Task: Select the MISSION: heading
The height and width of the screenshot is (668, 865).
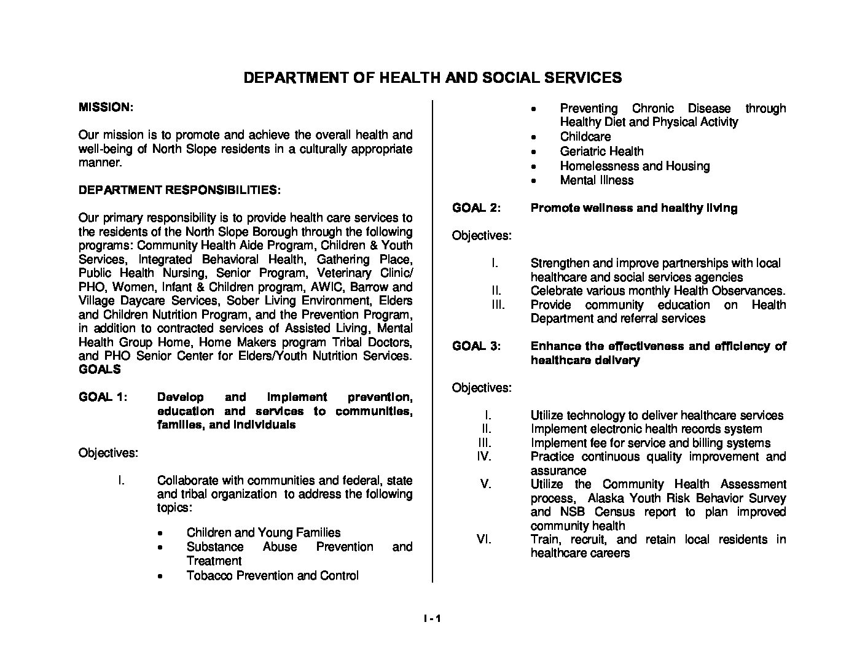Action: (105, 107)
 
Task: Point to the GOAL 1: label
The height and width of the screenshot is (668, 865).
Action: (103, 397)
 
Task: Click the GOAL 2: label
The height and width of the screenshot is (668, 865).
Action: (477, 208)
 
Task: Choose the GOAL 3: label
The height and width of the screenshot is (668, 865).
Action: (477, 346)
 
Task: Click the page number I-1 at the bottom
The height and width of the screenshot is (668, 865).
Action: (432, 619)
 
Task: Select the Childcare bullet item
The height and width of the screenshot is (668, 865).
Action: (585, 137)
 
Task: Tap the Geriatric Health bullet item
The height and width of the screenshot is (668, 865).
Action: (601, 152)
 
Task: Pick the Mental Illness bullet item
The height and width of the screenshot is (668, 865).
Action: (596, 181)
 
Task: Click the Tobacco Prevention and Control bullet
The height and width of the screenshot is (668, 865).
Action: (272, 576)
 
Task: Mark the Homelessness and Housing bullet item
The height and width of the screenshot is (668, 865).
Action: (635, 166)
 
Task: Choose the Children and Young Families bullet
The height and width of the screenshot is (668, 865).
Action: (263, 533)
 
